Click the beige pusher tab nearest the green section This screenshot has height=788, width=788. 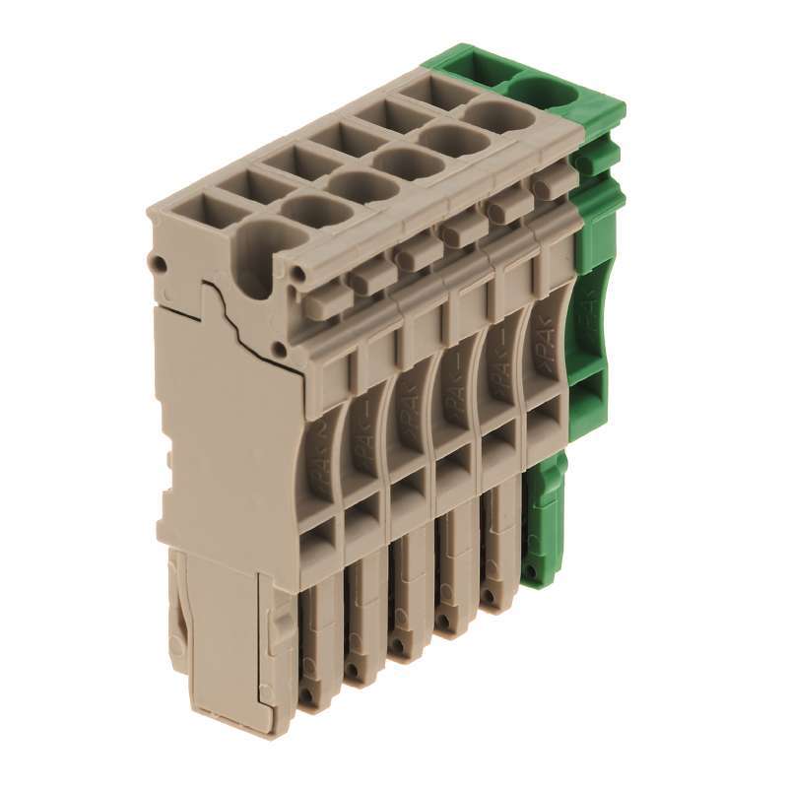click(554, 182)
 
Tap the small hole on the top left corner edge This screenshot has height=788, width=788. click(156, 263)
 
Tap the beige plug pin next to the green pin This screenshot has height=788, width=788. click(500, 552)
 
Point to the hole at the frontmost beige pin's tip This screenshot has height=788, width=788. click(309, 695)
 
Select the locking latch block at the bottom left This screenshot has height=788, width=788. click(222, 640)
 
